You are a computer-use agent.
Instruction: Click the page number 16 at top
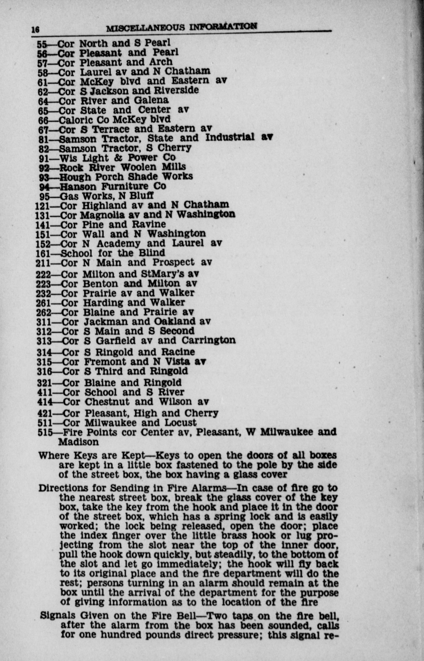(x=36, y=29)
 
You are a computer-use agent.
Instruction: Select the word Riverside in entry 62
(x=176, y=90)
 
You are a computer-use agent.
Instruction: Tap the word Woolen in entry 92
(x=138, y=167)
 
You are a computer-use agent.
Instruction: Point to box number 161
(x=43, y=253)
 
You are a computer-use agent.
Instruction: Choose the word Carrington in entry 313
(x=208, y=340)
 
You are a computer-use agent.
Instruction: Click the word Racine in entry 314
(x=178, y=352)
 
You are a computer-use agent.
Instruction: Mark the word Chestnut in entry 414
(x=107, y=402)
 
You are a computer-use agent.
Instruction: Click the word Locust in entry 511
(x=180, y=423)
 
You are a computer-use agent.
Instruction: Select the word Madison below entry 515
(x=78, y=442)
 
